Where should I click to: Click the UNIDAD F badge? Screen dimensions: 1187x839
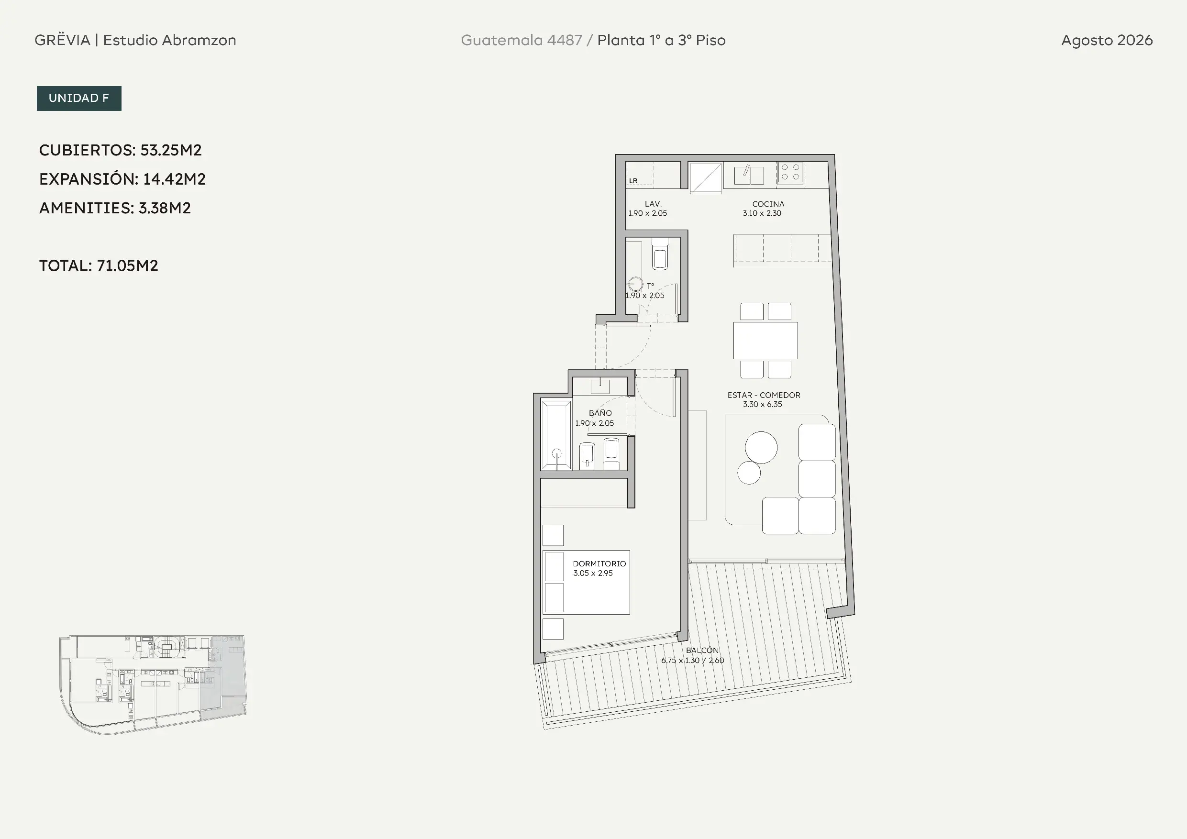click(x=79, y=98)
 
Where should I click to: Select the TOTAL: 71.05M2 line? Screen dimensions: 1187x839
click(x=99, y=265)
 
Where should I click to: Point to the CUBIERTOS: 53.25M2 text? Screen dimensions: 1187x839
click(x=121, y=150)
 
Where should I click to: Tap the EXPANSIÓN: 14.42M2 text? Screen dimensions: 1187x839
click(x=122, y=179)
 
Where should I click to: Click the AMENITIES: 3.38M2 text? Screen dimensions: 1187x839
click(x=115, y=208)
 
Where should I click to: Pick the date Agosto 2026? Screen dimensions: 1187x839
click(x=1107, y=40)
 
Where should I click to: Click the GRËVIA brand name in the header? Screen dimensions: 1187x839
click(x=63, y=40)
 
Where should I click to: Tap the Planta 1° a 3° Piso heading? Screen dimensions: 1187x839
click(x=661, y=40)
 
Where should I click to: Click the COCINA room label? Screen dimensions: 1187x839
click(x=768, y=204)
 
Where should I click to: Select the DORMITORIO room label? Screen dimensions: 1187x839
click(x=599, y=564)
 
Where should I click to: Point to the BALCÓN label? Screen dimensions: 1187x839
click(x=702, y=651)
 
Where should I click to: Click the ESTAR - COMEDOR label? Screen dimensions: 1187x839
click(x=764, y=395)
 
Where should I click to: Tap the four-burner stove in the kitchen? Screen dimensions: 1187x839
click(x=790, y=172)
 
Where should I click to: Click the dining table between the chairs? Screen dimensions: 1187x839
click(x=765, y=340)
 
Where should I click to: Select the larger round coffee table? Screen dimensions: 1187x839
click(x=761, y=447)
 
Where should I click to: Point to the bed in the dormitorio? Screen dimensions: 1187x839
click(x=586, y=582)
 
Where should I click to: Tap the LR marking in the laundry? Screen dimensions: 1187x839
click(x=633, y=181)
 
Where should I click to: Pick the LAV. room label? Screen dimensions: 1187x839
click(x=653, y=204)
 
